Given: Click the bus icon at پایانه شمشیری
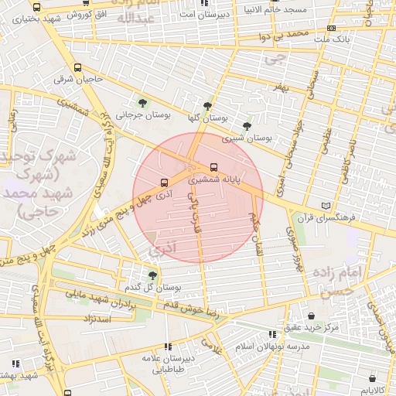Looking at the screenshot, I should click(213, 166).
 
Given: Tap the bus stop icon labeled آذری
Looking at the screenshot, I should click(163, 183).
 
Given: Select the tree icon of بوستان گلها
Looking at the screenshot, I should click(207, 106).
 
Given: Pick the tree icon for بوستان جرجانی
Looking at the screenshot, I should click(142, 102).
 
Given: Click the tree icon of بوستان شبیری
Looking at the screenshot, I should click(247, 125).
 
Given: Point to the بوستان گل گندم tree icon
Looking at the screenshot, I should click(152, 274).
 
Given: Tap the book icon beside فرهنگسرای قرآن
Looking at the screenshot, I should click(326, 205).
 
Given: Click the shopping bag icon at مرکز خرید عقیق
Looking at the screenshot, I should click(311, 316).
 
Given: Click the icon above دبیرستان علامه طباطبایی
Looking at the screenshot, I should click(169, 346).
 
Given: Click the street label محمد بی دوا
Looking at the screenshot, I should click(285, 35).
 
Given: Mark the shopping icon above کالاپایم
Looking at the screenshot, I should click(377, 379).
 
